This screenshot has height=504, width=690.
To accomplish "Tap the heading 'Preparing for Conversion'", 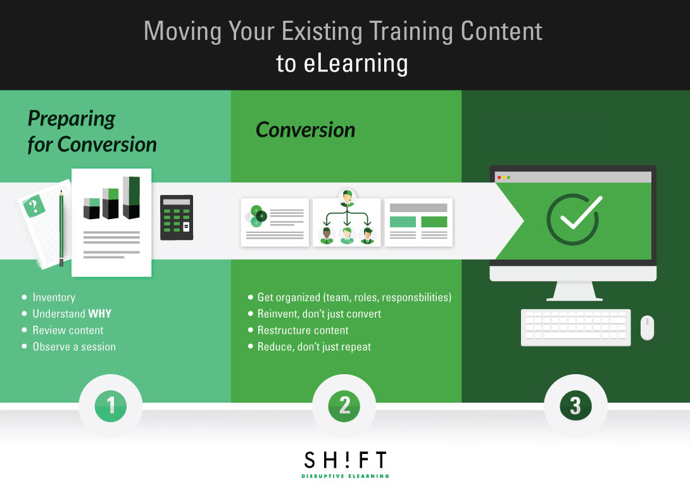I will pos(92,132).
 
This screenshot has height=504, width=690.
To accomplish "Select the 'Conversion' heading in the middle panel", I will pos(305,130).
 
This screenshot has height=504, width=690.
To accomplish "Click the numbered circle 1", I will pos(111,405).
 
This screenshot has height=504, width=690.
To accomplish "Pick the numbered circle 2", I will pos(344,405).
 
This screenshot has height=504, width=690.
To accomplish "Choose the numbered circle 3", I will pos(575,405).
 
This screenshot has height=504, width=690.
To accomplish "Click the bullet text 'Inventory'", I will pos(54,297).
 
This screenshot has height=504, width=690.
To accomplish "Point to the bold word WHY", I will pos(99,313).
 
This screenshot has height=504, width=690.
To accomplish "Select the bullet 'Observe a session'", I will pos(74,346).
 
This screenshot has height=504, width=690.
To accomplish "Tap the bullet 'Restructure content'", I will pos(303,330).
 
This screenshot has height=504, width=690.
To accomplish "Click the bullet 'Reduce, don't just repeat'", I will pos(314,346).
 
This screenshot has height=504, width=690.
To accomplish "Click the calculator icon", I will pos(177,217).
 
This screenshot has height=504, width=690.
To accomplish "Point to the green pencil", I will pos(61,228).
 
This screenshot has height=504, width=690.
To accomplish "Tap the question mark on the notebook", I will pos(34,205).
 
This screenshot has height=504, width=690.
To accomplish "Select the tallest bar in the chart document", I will pos(132,198).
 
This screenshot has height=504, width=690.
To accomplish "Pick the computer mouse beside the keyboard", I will pos(647,328).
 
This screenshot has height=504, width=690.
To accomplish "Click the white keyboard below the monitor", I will pos(575,327).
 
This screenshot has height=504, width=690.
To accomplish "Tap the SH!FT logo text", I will pos(344,460).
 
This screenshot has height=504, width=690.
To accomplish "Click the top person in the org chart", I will pos(347,198).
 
